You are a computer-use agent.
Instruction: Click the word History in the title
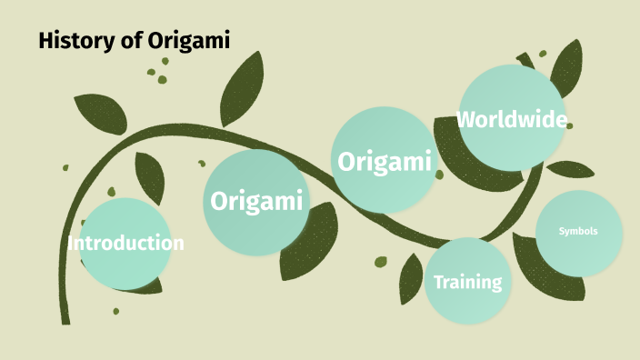coord(70,40)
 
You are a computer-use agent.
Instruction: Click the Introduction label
coord(125,244)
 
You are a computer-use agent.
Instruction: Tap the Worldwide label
coord(512,119)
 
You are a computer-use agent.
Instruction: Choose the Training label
coord(467,282)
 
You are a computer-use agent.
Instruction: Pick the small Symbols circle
coord(579,231)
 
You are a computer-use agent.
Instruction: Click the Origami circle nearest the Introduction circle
coord(255,201)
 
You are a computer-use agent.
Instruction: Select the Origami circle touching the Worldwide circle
coord(383,162)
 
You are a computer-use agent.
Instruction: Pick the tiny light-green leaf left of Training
coord(381,263)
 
